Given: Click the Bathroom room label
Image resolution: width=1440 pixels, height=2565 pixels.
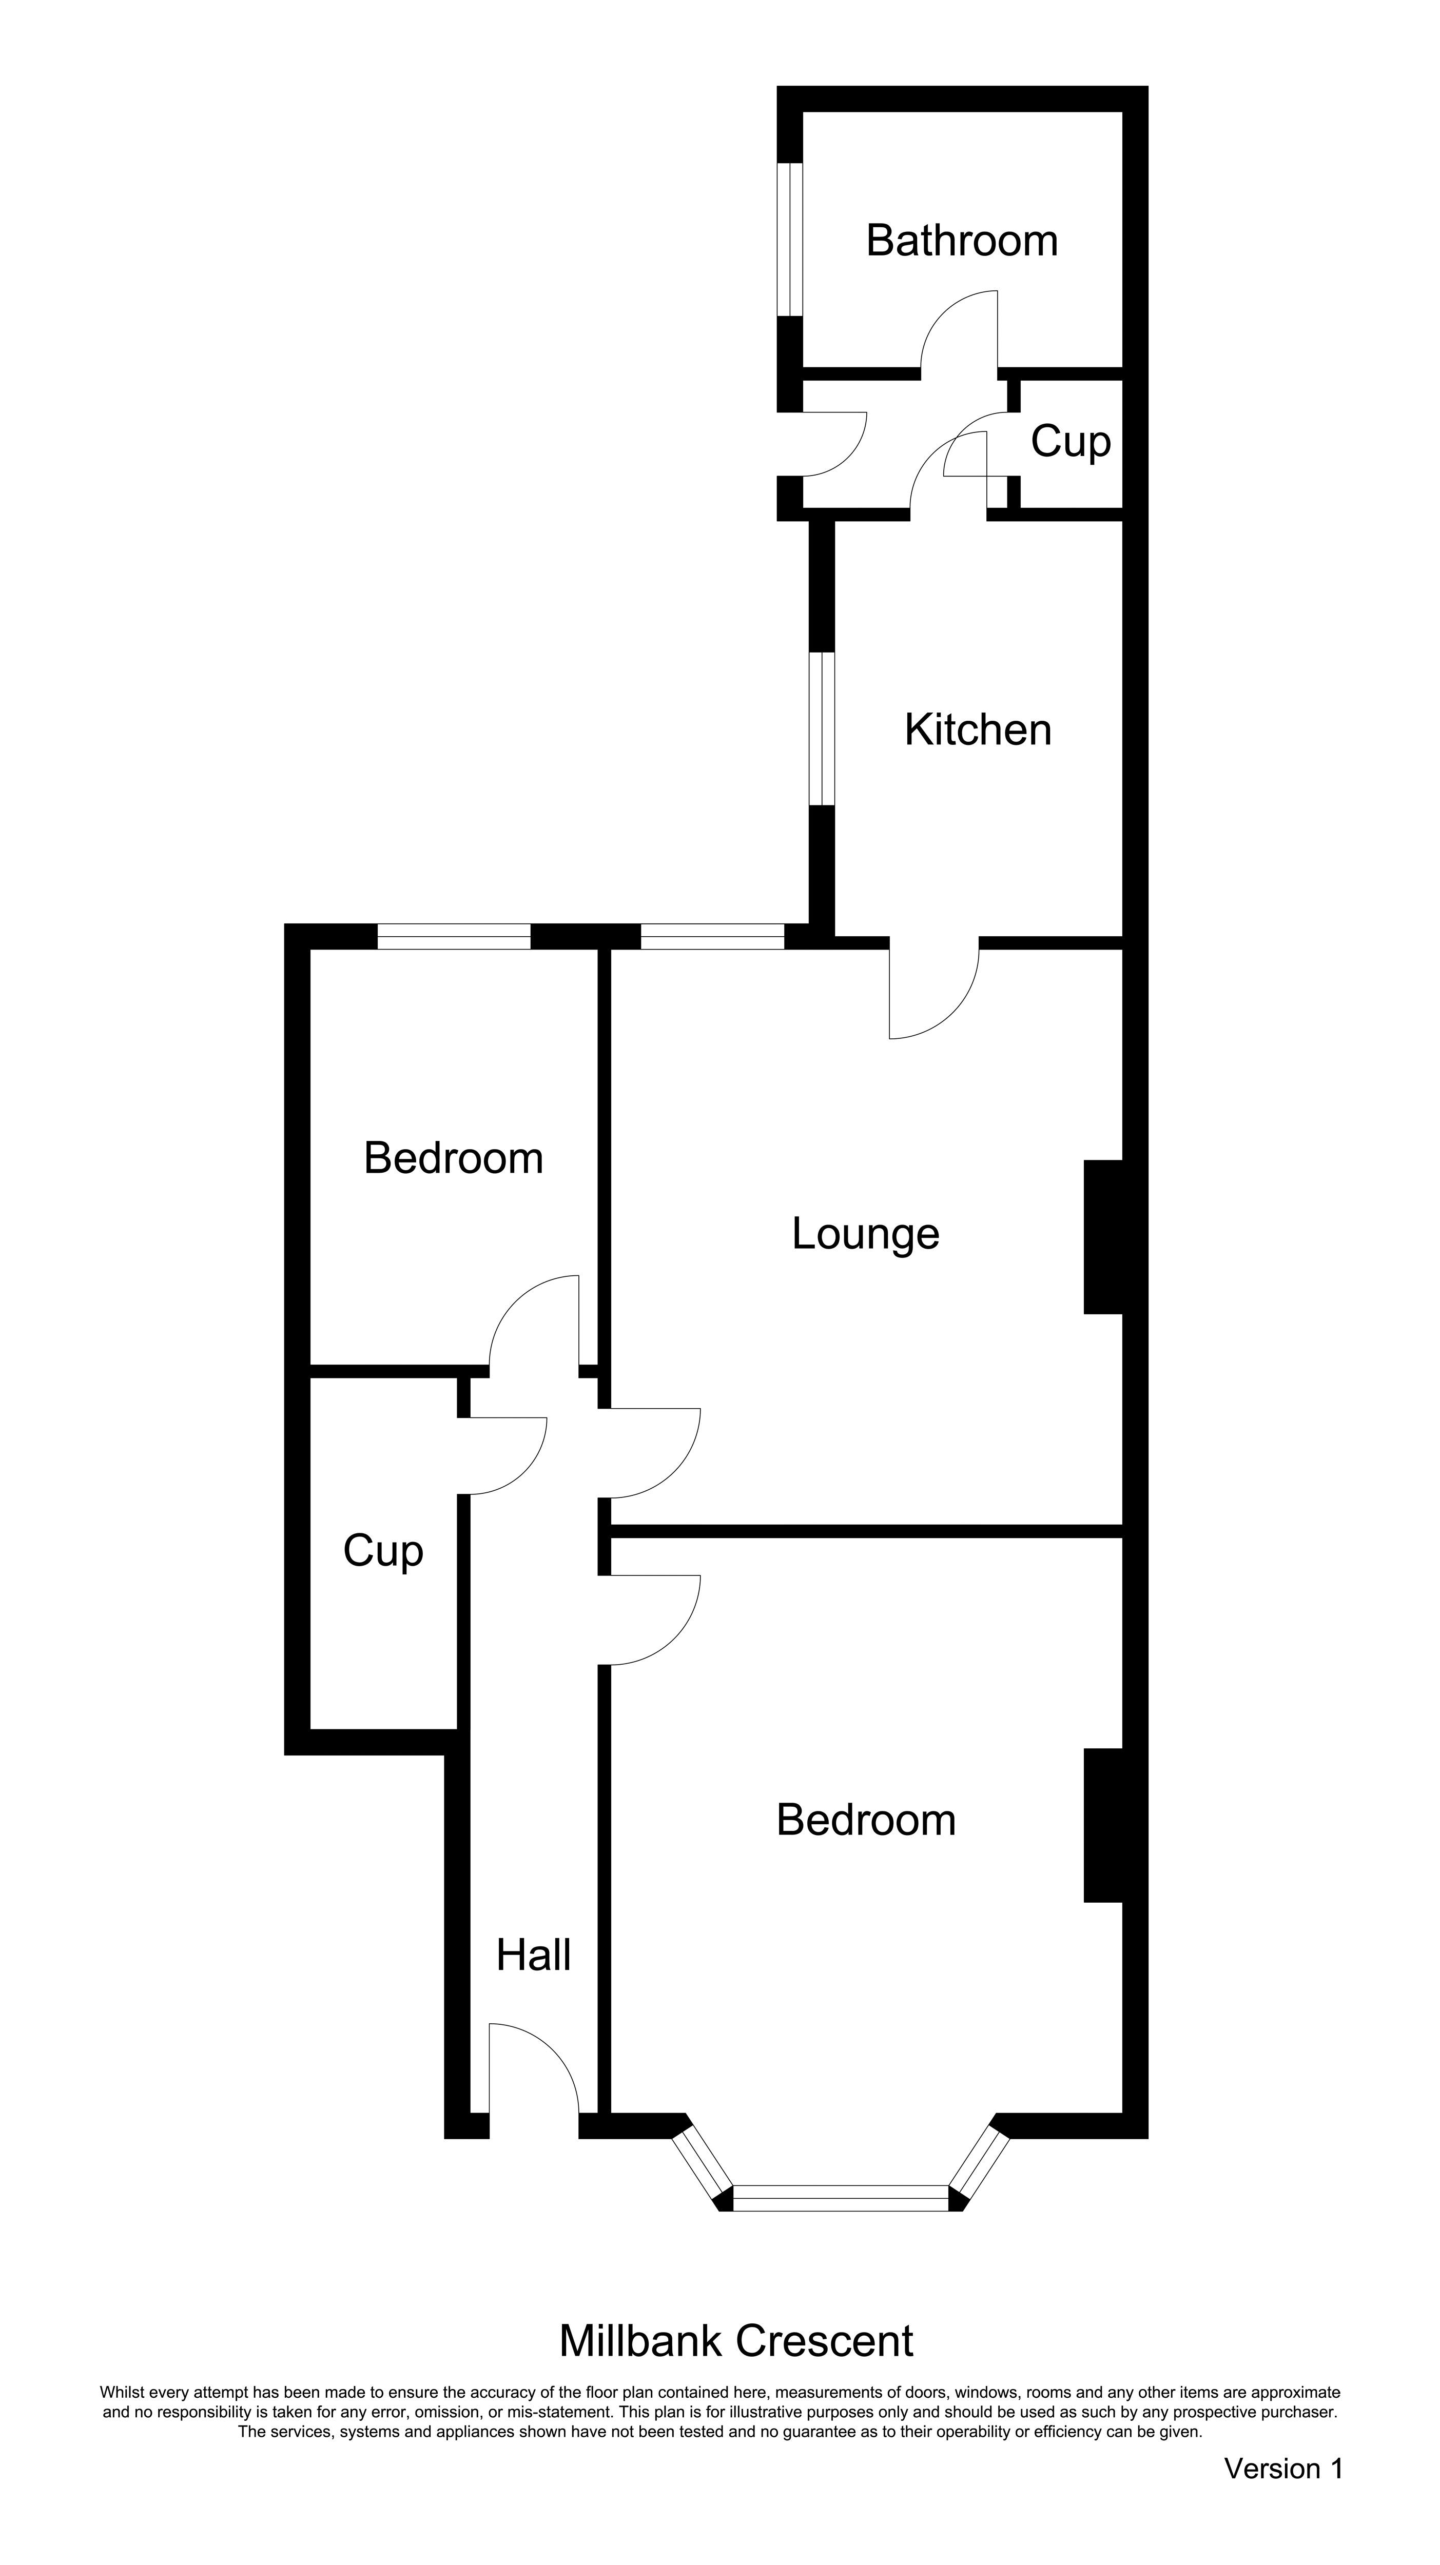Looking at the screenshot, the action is [x=961, y=241].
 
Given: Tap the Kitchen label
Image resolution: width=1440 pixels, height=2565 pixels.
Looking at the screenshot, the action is [x=977, y=730].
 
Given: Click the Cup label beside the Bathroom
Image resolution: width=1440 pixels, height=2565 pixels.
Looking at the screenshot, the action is [x=1071, y=441].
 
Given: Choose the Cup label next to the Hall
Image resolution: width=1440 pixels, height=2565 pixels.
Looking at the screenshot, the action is [x=383, y=1551].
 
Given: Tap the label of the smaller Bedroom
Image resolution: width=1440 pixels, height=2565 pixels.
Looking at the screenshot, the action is [x=453, y=1158].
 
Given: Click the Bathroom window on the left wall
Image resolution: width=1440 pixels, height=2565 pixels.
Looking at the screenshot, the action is [x=790, y=239].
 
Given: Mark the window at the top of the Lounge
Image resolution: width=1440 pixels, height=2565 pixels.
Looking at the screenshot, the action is [x=712, y=936].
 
